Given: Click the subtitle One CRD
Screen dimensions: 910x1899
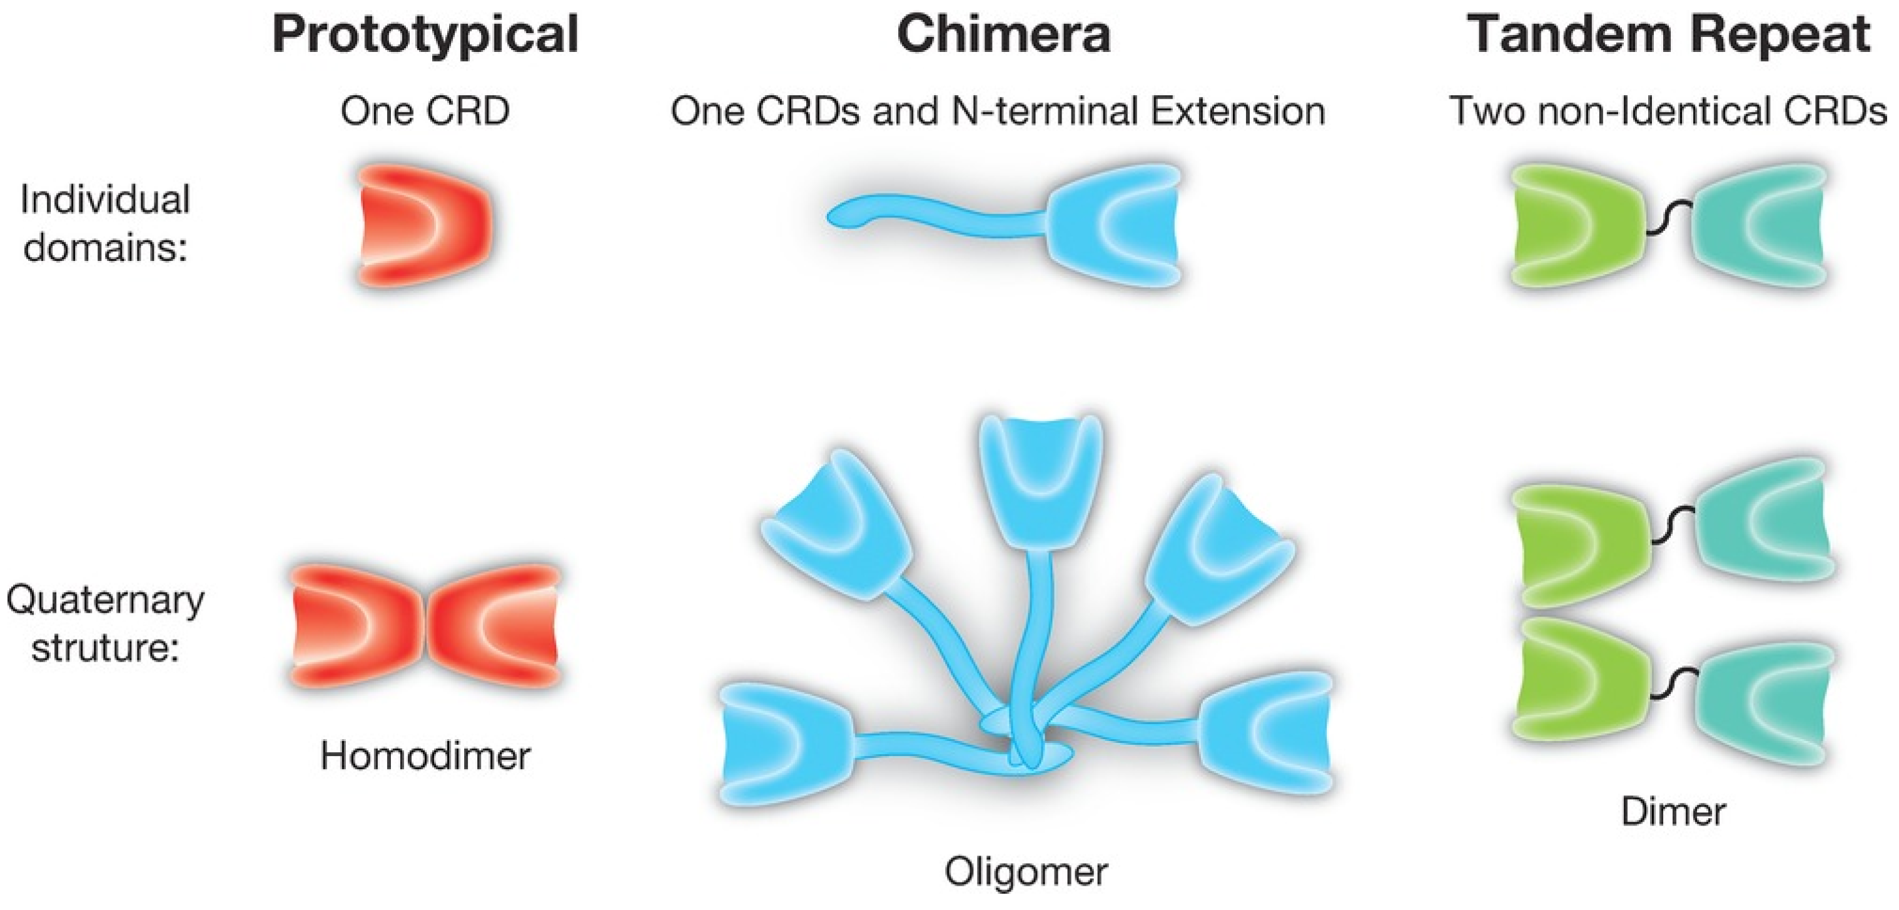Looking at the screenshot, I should click(425, 111).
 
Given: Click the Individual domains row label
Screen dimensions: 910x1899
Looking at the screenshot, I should click(104, 223).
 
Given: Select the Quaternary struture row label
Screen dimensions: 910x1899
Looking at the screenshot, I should click(104, 624).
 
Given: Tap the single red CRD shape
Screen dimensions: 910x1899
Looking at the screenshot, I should click(425, 224).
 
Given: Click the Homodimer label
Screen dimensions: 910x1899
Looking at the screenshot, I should click(425, 756).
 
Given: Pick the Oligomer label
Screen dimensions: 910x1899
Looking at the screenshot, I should click(1026, 872).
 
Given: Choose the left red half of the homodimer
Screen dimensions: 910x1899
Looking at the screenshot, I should click(358, 625).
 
